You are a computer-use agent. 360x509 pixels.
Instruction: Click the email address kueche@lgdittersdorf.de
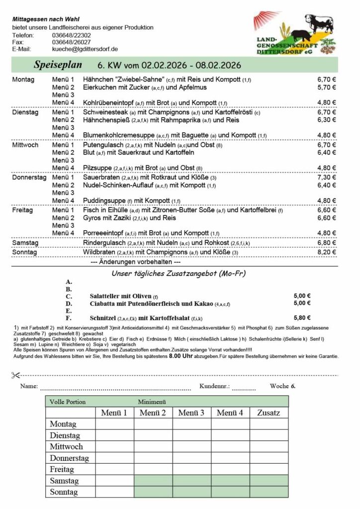(x=85, y=49)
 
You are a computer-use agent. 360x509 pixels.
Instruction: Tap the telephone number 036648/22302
(x=71, y=35)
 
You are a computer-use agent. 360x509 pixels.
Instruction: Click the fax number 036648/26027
(x=71, y=42)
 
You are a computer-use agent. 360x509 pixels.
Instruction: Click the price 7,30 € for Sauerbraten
(x=327, y=177)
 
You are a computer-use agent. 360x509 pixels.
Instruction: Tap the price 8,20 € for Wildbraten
(x=327, y=253)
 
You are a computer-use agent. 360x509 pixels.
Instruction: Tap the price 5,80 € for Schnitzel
(x=302, y=318)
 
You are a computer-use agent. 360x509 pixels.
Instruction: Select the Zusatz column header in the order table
(x=269, y=413)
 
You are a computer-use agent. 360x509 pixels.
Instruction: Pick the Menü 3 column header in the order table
(x=191, y=413)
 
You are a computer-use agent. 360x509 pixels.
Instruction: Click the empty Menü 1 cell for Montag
(x=114, y=424)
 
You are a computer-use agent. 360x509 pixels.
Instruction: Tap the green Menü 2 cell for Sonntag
(x=153, y=492)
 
